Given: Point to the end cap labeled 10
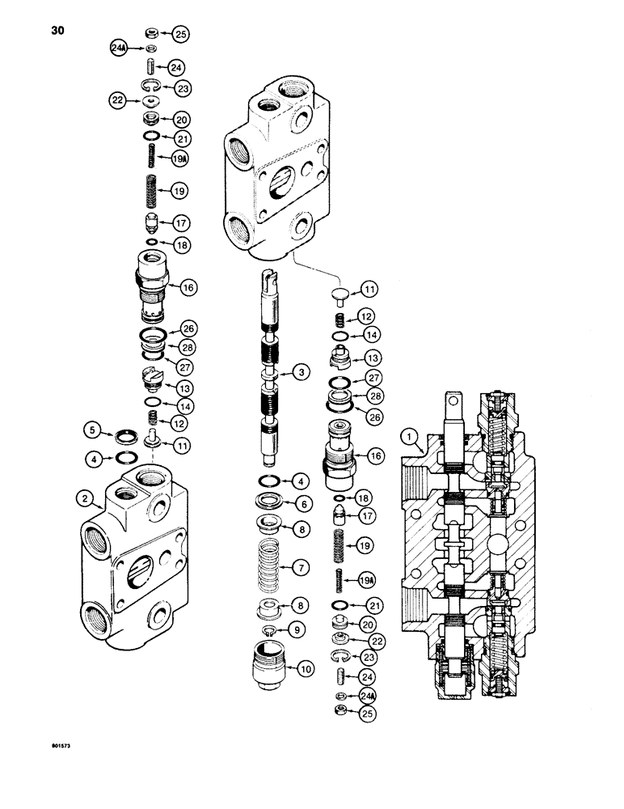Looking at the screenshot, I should (265, 668).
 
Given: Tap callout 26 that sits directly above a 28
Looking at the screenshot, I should (188, 328).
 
